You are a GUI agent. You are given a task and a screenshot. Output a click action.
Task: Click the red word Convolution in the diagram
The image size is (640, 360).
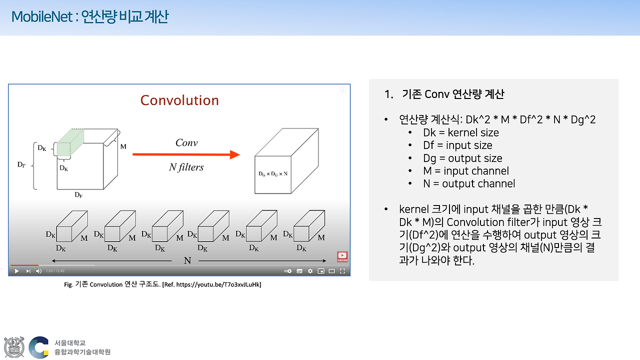(x=179, y=100)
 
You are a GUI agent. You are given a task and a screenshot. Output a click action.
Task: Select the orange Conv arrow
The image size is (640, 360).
(x=183, y=154)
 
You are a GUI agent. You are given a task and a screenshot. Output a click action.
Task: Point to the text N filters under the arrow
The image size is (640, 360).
(x=186, y=167)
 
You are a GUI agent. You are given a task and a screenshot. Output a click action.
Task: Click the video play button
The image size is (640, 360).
(x=16, y=271)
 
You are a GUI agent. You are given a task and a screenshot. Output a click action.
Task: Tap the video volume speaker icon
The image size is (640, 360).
(x=38, y=271)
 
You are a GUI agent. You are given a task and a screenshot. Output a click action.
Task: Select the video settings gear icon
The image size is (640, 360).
(x=310, y=271)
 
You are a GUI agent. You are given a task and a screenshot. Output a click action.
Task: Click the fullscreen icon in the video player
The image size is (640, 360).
(x=342, y=271)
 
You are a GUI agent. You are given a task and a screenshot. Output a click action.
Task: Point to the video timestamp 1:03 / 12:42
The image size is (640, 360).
(x=55, y=271)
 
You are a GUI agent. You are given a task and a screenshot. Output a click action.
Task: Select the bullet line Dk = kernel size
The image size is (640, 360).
(x=460, y=132)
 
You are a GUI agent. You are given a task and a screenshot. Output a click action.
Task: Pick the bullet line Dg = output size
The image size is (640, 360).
(x=462, y=158)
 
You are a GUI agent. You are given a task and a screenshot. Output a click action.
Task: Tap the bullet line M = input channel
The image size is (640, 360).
(x=465, y=171)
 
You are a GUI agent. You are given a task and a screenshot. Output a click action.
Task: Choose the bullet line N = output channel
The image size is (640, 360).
(x=468, y=183)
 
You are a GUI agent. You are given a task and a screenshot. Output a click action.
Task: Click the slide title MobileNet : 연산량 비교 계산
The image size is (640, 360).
(x=90, y=17)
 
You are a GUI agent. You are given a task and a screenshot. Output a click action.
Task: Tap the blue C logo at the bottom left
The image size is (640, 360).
(x=38, y=347)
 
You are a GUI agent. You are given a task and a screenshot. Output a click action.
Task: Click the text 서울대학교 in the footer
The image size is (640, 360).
(x=69, y=343)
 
